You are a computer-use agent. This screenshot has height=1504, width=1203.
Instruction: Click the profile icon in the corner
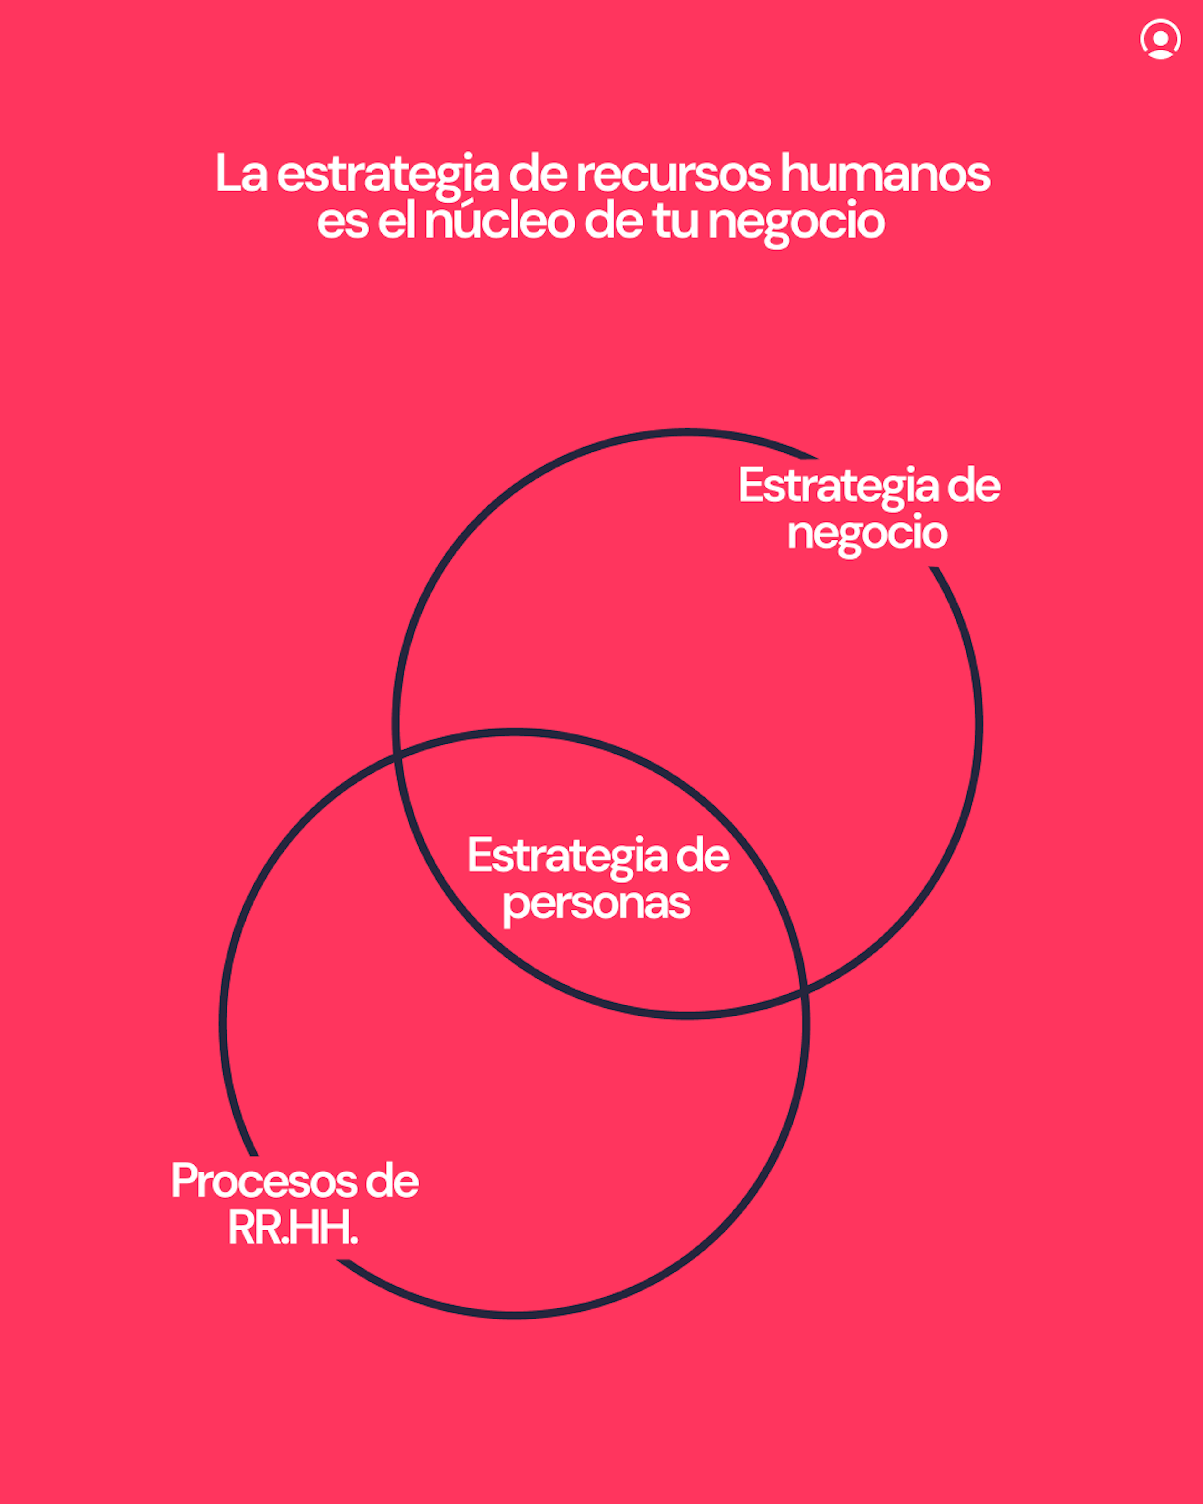pyautogui.click(x=1160, y=39)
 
